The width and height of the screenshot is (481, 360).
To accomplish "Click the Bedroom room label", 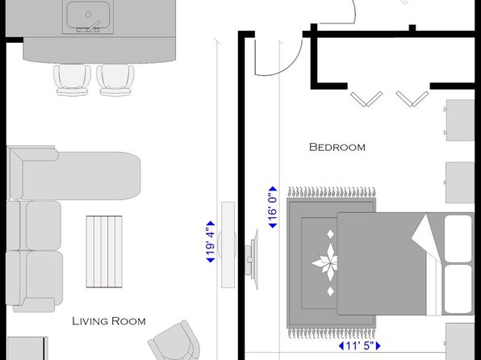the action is (x=337, y=148).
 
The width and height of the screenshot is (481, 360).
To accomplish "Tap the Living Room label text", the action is (x=109, y=321).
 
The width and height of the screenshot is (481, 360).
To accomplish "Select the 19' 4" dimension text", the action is (x=211, y=242).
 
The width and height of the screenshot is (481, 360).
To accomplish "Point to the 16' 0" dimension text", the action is (x=273, y=207).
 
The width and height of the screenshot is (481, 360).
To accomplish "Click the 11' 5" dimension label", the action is (x=359, y=346).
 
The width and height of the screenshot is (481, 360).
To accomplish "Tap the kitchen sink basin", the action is (x=88, y=15).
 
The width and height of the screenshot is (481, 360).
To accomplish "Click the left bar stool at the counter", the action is (x=72, y=80).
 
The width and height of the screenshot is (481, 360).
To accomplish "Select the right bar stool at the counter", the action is (x=115, y=80).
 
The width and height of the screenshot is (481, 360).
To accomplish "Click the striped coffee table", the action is (x=104, y=252).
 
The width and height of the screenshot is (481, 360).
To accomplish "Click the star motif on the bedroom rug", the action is (x=325, y=263).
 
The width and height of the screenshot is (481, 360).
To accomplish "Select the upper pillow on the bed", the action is (x=458, y=239).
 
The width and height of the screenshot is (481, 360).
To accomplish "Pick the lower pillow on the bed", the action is (x=458, y=289).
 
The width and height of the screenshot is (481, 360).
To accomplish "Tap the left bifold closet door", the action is (x=366, y=98).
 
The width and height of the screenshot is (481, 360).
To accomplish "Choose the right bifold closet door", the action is (x=412, y=98).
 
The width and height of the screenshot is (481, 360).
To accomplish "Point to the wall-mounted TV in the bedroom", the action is (x=252, y=260).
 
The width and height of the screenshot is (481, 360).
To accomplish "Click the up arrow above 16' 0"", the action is (x=273, y=189).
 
